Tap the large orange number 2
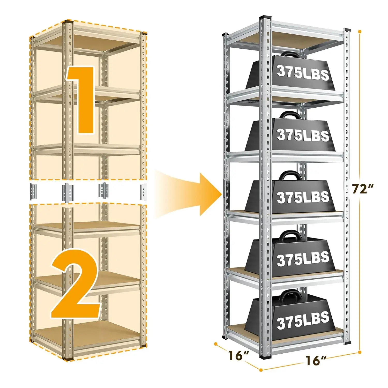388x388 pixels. [76, 283]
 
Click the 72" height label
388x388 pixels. [363, 189]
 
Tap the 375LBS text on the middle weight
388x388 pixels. [303, 197]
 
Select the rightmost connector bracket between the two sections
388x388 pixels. [143, 192]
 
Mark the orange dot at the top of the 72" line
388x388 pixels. [360, 32]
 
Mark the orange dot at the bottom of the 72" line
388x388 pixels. [360, 352]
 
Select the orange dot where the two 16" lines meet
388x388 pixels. [261, 370]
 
